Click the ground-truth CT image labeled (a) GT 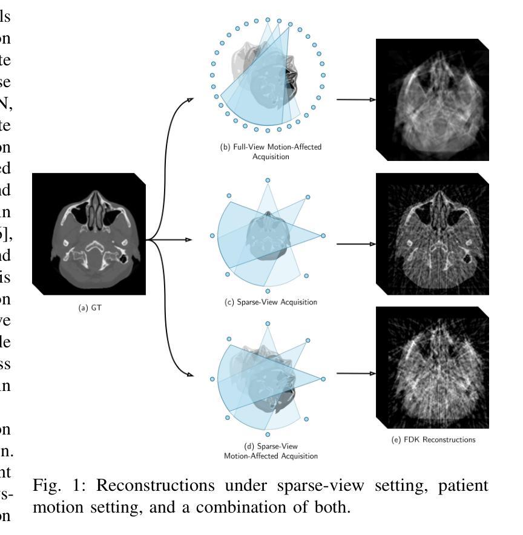coord(88,234)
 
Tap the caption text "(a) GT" coord(88,307)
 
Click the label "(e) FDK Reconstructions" coord(432,439)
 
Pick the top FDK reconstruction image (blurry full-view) coord(432,100)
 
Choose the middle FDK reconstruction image coord(432,234)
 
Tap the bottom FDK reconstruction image coord(432,368)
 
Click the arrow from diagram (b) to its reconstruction coord(355,99)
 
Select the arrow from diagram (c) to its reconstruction coord(355,244)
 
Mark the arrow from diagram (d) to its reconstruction coord(355,373)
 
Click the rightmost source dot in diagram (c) coord(323,235)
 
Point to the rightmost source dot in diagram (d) coord(323,379)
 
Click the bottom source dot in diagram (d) coord(268,435)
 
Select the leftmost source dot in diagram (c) coord(212,235)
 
